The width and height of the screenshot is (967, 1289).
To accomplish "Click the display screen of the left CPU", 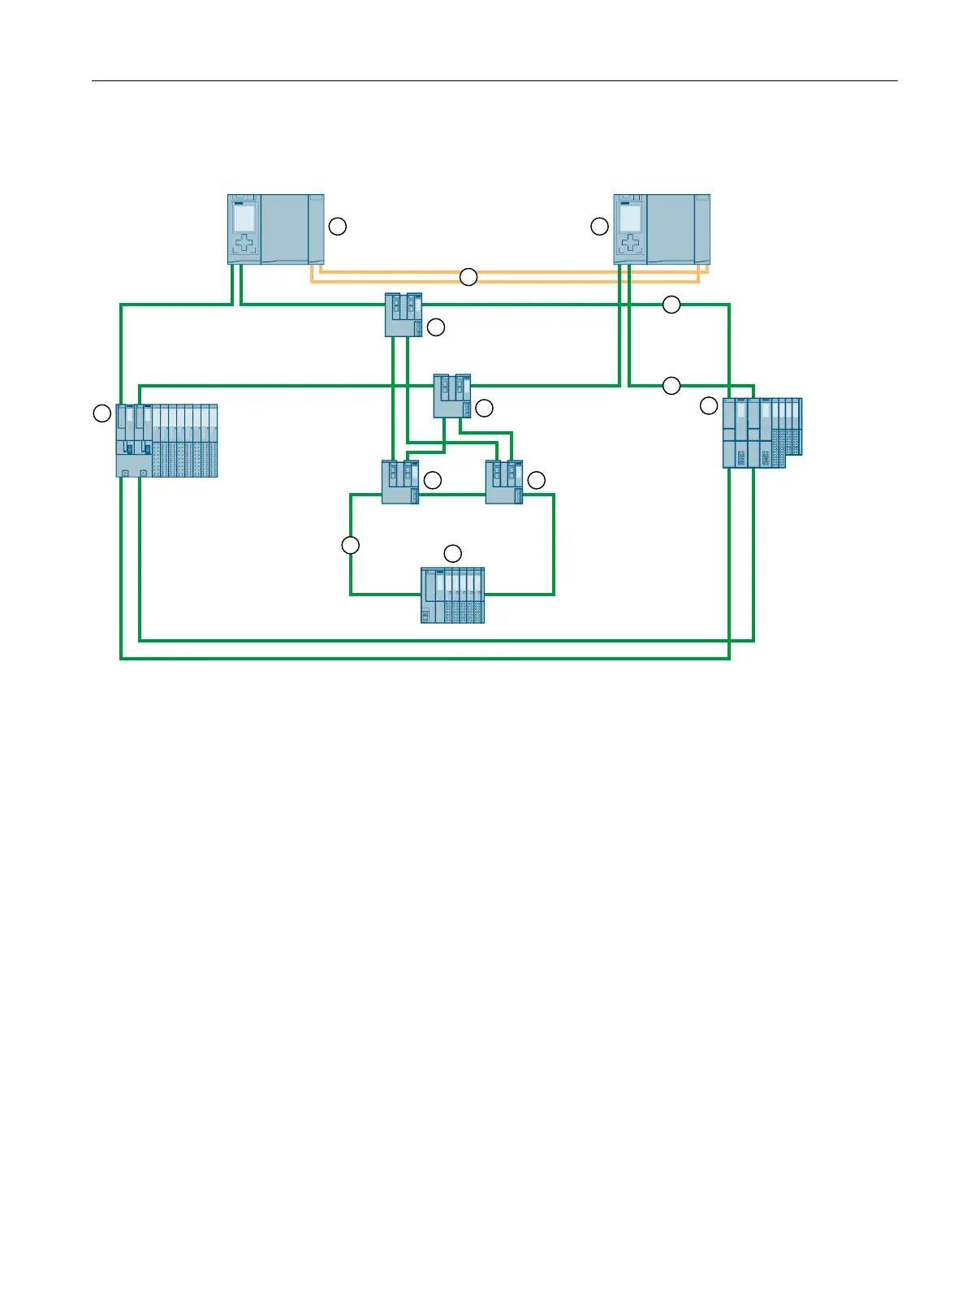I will point(244,218).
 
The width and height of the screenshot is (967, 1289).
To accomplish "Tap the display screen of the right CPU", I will point(631,218).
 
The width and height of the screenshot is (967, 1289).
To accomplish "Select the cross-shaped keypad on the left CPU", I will point(244,243).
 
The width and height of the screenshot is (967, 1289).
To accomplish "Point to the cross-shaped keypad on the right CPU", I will point(631,243).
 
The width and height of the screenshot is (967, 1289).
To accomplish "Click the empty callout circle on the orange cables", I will point(468,277).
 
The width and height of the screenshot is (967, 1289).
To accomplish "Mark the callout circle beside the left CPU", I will point(338,227).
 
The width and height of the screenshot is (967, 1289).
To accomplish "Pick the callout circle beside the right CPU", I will point(599,227).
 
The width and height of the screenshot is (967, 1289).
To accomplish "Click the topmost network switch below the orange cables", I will point(403,315).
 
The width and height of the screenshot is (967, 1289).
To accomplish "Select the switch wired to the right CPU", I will point(452,396).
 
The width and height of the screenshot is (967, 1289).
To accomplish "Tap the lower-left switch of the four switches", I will point(400,482).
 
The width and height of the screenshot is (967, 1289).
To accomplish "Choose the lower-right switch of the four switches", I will point(504,482).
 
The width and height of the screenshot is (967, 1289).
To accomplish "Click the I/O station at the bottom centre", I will point(453,595).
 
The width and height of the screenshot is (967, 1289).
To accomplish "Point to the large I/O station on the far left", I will point(167,440).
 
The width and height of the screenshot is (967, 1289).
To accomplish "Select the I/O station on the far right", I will point(762,432).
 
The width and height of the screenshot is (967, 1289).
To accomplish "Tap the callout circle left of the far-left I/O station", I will point(101,413).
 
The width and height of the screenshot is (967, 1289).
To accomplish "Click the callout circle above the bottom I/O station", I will point(453,553).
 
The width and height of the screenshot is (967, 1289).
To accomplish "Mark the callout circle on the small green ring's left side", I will point(350,545).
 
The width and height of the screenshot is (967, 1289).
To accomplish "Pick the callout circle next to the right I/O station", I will point(709,405).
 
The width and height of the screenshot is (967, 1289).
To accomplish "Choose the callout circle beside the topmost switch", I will point(436,327).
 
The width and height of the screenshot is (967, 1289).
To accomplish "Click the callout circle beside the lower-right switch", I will point(537,481).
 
